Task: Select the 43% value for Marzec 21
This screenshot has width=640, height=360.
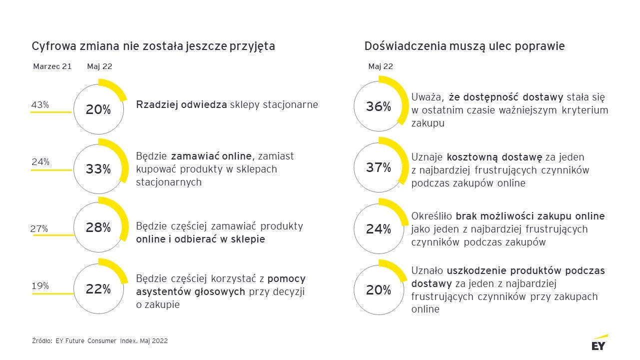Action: tap(40, 105)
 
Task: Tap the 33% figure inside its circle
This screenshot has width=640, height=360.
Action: tap(98, 169)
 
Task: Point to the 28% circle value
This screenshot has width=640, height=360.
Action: tap(98, 228)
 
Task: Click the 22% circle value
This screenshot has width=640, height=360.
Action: tap(98, 289)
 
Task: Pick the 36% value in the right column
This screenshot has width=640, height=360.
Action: tap(378, 106)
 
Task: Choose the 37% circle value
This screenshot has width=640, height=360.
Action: tap(378, 167)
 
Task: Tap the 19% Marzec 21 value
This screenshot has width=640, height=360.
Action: tap(40, 286)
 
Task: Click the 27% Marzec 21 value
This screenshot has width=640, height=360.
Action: tap(39, 228)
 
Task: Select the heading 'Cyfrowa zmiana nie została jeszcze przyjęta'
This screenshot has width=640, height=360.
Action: tap(153, 46)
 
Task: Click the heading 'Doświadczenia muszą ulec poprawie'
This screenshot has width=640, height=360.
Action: tap(465, 46)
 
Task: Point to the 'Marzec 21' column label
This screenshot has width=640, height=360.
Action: tap(52, 66)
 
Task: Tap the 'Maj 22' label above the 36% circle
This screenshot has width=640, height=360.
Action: tap(381, 66)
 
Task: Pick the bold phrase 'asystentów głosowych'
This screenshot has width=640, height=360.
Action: tap(190, 291)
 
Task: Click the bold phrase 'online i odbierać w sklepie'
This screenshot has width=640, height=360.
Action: tap(200, 239)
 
